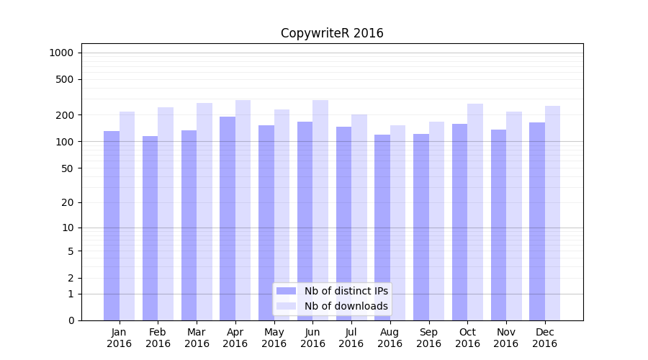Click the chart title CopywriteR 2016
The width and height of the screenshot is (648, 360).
[x=332, y=33]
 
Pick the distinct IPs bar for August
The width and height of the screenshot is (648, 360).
[x=382, y=228]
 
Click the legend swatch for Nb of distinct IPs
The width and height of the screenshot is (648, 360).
[x=286, y=291]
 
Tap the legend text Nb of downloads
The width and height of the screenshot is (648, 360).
[x=346, y=306]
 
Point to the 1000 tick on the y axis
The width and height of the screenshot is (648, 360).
[x=61, y=53]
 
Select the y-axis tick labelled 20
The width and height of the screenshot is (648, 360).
[x=68, y=202]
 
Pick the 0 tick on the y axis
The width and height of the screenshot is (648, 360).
[x=71, y=320]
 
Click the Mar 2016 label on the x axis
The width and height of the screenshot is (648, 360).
[x=197, y=338]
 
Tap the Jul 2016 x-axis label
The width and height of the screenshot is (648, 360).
[x=351, y=338]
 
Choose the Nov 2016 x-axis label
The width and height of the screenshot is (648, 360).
[x=506, y=338]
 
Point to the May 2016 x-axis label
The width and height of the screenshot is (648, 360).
[x=274, y=338]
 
